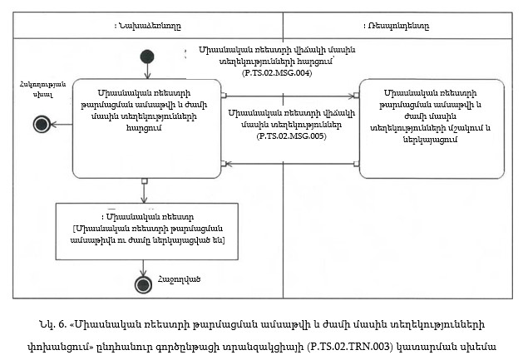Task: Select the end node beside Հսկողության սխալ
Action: pyautogui.click(x=41, y=124)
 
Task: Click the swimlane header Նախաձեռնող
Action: pyautogui.click(x=146, y=27)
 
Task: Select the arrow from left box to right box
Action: pyautogui.click(x=291, y=95)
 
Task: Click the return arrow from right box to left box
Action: pyautogui.click(x=291, y=163)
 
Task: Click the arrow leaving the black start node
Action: pyautogui.click(x=147, y=72)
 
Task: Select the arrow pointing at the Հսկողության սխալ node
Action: pyautogui.click(x=62, y=124)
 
